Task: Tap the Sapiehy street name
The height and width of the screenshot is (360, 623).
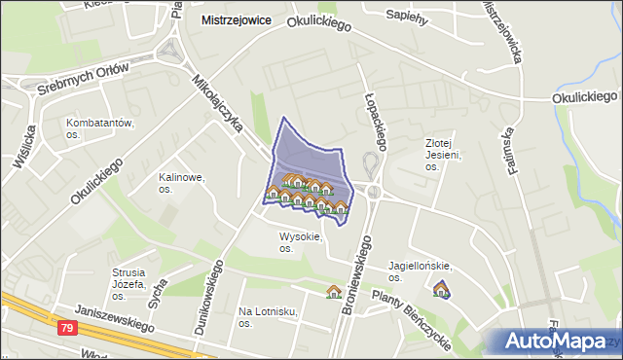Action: [x=408, y=16]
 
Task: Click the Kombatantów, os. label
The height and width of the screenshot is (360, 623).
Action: [x=99, y=128]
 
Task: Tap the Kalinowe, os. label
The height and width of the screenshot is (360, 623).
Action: [x=181, y=184]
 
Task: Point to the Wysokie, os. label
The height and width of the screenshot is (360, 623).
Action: [x=300, y=242]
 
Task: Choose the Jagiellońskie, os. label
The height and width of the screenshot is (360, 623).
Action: [x=421, y=270]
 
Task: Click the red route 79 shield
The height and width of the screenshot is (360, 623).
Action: [x=66, y=330]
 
